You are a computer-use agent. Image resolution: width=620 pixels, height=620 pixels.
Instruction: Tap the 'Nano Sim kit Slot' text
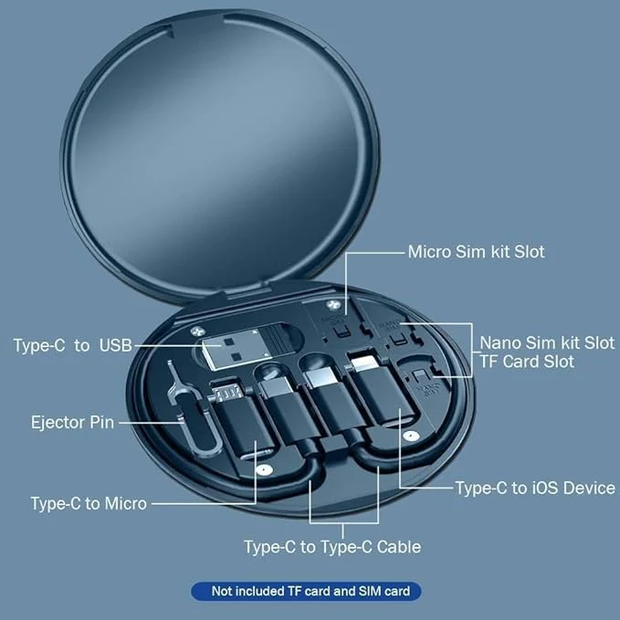pos(548,342)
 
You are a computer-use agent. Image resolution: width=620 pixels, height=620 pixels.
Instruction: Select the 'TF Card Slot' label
pos(528,362)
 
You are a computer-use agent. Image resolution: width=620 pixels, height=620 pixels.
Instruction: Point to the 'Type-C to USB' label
pos(72,345)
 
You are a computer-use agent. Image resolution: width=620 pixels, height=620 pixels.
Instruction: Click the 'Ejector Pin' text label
pos(72,423)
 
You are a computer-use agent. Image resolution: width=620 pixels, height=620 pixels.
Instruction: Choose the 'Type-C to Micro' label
pos(88,503)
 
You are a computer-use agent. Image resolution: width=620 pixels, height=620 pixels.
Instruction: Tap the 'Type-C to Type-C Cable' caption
pos(332,547)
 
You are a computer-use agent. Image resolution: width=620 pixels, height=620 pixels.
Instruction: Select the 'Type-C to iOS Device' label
pos(535,488)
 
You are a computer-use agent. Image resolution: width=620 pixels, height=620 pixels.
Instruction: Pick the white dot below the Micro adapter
pos(264,471)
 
